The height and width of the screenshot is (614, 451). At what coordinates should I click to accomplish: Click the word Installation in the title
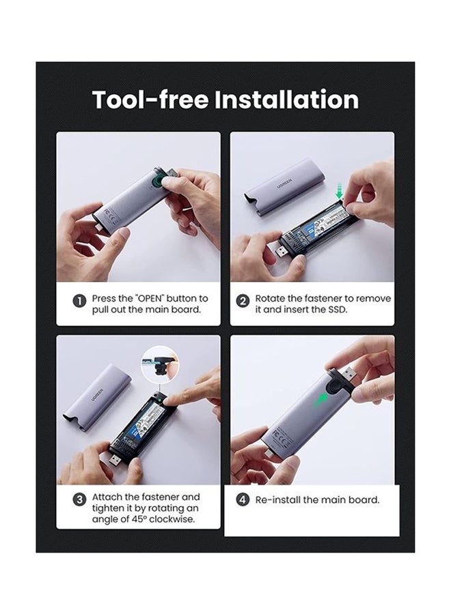(x=286, y=100)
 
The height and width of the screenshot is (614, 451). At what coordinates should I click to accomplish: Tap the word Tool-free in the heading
(x=150, y=100)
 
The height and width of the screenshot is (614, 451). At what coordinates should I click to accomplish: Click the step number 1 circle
(x=80, y=301)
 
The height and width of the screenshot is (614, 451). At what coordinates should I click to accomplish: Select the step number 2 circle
(x=243, y=301)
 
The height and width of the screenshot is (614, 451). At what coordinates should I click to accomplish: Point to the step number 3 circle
(x=80, y=499)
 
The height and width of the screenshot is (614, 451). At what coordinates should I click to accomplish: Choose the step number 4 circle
(x=243, y=499)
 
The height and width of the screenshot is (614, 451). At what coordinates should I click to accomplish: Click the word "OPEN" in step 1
(x=150, y=298)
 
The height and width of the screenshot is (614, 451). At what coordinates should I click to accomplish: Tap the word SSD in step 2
(x=338, y=309)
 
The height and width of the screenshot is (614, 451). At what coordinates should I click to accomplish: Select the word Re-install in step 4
(x=277, y=499)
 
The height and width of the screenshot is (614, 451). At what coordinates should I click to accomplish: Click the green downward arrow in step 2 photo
(x=339, y=190)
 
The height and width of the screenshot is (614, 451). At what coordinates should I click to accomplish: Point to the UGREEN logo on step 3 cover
(x=96, y=394)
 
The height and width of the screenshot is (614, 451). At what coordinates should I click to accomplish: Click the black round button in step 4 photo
(x=334, y=387)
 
